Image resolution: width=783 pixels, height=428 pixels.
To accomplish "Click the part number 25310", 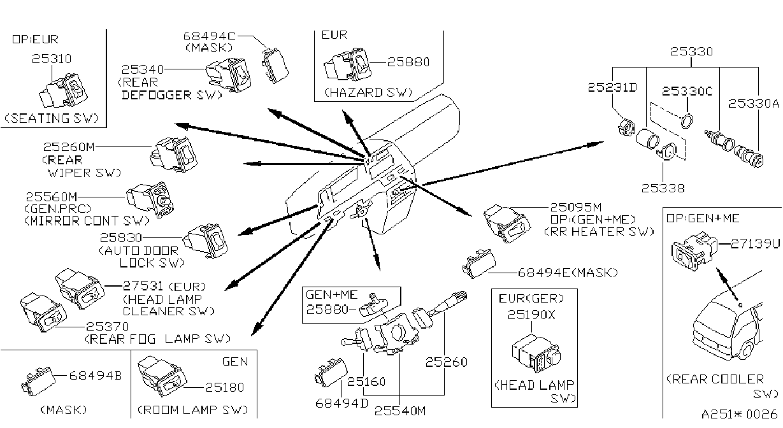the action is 52,59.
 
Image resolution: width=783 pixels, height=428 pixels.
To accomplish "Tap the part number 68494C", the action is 210,36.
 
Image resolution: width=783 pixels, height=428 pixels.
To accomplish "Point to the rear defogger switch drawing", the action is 229,75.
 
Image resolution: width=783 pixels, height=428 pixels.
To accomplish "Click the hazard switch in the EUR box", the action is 348,64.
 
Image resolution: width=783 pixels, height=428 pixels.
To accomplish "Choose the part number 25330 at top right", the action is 691,52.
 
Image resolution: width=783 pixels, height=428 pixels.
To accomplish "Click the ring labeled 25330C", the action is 687,121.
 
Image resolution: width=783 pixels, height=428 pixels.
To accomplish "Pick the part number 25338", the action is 663,189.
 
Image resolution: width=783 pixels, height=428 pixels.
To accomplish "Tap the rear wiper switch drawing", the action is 174,154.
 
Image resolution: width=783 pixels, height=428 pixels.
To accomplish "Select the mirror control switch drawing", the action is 150,200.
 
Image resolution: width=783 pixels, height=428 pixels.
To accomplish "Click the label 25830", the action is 121,238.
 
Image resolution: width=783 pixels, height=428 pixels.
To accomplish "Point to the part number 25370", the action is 107,327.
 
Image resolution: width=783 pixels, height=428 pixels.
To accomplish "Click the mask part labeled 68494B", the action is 38,381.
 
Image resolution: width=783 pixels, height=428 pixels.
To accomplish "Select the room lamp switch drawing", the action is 162,376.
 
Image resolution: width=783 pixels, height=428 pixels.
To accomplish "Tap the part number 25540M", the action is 400,411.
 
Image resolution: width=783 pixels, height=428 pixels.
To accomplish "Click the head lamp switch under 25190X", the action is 536,353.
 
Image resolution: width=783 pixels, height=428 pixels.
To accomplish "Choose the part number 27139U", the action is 755,243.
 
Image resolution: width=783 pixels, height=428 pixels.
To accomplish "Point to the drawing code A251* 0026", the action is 739,415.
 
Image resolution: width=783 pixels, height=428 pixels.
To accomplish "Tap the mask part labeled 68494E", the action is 479,264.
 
